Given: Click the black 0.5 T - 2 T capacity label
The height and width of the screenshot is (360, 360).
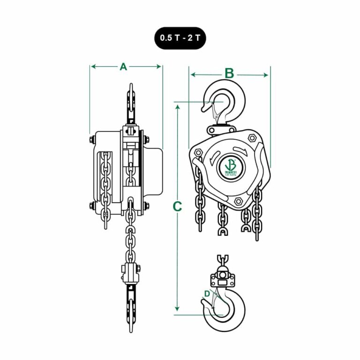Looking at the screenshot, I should pos(180,38).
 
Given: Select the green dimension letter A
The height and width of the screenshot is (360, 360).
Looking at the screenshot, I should pos(123,67).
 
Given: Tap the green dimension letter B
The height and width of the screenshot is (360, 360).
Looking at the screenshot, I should pos(229,73).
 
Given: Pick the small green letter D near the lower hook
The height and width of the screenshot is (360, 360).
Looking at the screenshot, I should pos(207,294).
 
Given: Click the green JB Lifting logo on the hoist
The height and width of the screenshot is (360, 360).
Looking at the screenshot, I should pos(230,166).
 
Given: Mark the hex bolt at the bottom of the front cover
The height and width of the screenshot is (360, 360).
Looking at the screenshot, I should pos(238,201).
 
